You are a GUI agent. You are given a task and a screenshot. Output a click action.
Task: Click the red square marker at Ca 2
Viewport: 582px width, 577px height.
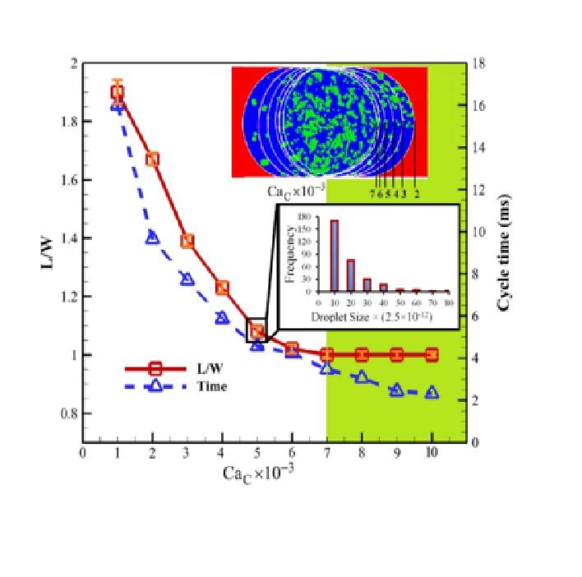152,159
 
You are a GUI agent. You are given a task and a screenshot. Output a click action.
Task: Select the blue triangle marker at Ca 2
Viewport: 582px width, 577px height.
152,237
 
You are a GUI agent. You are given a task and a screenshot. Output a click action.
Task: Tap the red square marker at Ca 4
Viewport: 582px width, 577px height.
222,288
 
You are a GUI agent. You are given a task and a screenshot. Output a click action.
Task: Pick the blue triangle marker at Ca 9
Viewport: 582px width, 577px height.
396,390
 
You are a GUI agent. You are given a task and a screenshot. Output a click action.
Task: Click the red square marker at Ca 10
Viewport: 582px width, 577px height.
432,355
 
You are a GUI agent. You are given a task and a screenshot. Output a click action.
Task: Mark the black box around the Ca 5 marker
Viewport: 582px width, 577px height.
257,330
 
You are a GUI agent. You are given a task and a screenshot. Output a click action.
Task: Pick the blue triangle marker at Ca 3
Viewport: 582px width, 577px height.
187,279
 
